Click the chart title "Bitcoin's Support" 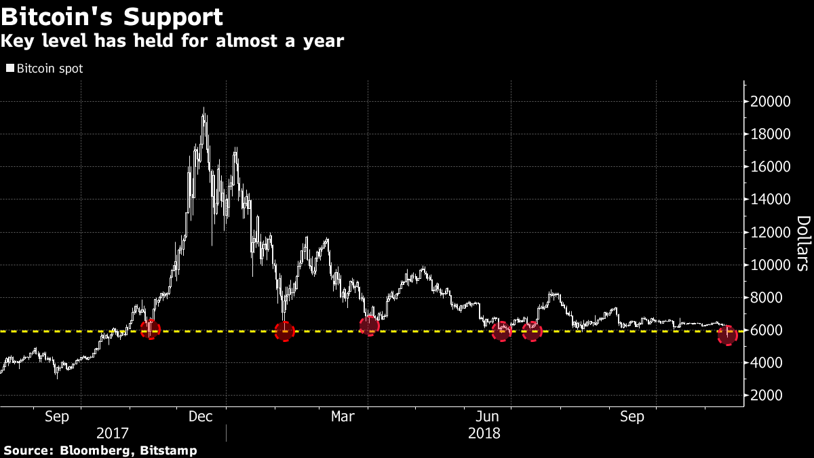[112, 16]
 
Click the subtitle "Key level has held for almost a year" [172, 41]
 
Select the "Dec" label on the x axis [201, 416]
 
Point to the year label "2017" [113, 432]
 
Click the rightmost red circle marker [728, 335]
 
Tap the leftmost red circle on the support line [150, 329]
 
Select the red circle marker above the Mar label [368, 326]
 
